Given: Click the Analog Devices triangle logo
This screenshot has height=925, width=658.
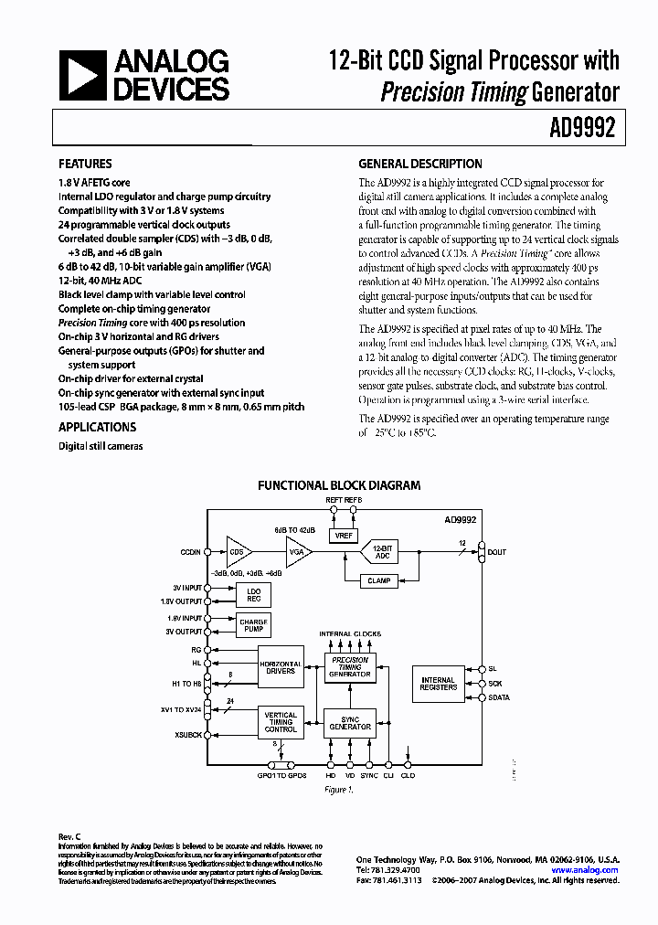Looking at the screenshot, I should (x=80, y=76).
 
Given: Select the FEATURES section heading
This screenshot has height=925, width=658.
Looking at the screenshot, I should (x=85, y=165).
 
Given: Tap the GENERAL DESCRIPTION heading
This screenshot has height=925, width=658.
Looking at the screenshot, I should (x=420, y=165).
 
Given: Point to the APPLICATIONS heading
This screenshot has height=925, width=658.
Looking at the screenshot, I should (x=97, y=427).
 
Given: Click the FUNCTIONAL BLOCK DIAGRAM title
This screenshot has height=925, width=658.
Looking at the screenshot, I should (x=339, y=486).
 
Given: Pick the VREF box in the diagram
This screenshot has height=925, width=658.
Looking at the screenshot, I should (x=345, y=536).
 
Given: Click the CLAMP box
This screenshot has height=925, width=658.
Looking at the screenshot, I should (x=379, y=580).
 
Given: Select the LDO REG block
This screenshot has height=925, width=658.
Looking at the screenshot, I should (x=253, y=595).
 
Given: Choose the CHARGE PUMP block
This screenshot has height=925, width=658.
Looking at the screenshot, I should (x=253, y=625).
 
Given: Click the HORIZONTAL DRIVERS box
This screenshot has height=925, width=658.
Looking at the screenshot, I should (x=281, y=667).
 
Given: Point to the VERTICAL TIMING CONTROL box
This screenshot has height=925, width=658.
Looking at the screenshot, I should (x=281, y=722).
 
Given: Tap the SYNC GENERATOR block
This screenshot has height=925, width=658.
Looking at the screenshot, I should (x=350, y=722).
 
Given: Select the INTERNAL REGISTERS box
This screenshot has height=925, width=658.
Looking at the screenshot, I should (x=438, y=683).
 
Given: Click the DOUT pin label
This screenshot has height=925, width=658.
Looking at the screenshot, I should (x=497, y=552).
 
